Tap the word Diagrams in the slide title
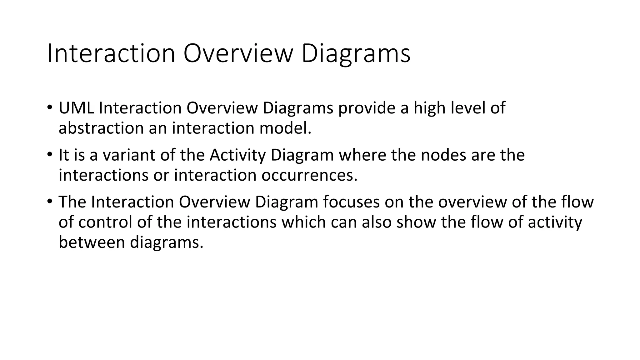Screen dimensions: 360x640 click(356, 54)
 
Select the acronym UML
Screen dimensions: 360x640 click(76, 108)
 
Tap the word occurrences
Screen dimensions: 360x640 click(309, 175)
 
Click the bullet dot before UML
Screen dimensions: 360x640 click(50, 107)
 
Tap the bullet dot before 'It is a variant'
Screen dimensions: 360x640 click(50, 154)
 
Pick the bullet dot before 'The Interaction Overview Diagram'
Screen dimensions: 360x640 click(50, 202)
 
